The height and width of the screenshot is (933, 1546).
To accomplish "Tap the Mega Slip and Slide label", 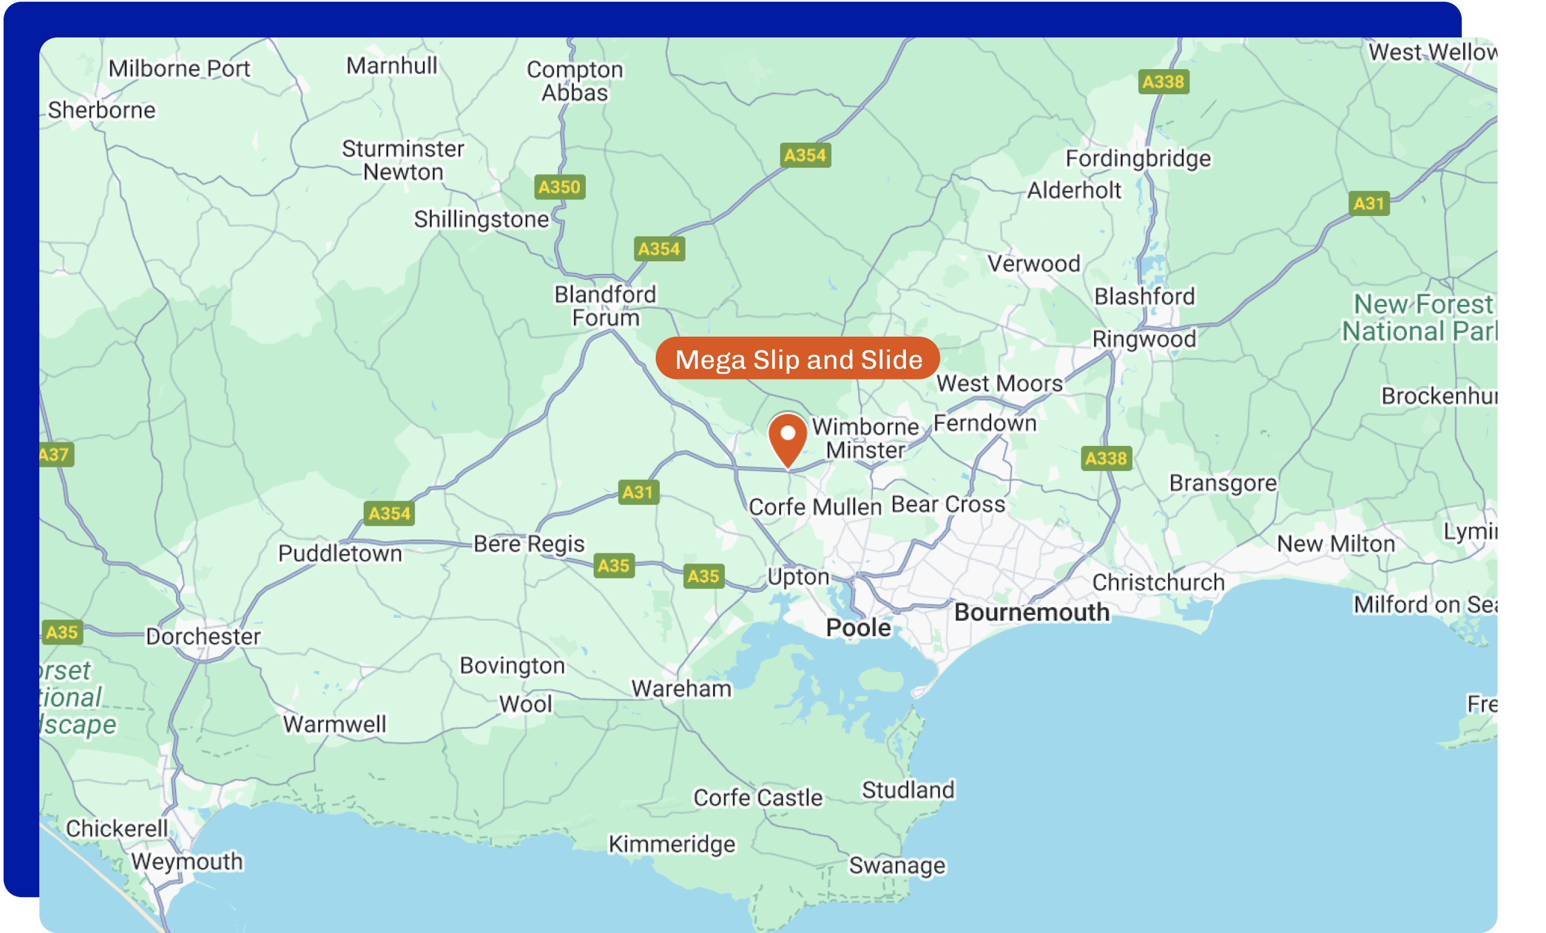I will [798, 359].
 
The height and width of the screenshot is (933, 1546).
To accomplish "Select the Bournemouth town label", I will [1031, 612].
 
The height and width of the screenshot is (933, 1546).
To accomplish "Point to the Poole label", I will [858, 628].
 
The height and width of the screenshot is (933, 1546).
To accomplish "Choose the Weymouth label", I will [186, 861].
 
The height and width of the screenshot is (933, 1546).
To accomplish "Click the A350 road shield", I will [560, 187].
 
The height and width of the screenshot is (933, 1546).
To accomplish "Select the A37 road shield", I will [55, 454].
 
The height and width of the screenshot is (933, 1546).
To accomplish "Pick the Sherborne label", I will [101, 110].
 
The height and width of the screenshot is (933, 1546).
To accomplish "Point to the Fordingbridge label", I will [1138, 158].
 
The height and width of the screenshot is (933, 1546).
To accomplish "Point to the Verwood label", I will [1033, 264].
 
